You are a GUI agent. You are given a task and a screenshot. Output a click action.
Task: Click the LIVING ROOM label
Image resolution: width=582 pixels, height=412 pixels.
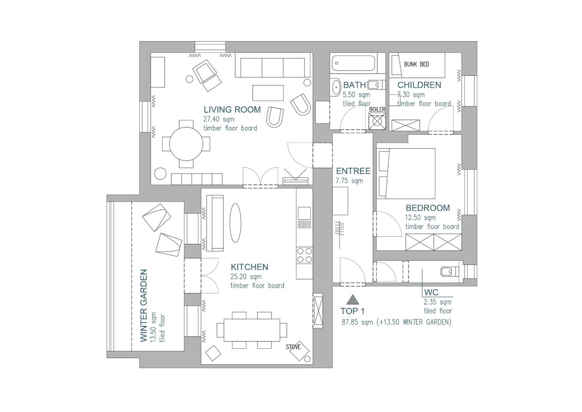pyautogui.click(x=232, y=110)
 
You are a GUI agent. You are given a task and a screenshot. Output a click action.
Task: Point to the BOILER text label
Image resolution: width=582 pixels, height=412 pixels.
pyautogui.click(x=377, y=110)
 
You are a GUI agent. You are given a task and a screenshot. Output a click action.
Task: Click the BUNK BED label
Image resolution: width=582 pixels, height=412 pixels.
pyautogui.click(x=416, y=64)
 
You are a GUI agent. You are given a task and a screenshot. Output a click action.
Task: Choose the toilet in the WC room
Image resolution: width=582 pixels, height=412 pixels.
pyautogui.click(x=450, y=272)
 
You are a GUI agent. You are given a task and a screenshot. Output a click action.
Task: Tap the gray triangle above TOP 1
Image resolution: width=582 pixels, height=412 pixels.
pyautogui.click(x=353, y=299)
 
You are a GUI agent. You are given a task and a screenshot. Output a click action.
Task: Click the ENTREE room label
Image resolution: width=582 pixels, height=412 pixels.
pyautogui.click(x=353, y=171)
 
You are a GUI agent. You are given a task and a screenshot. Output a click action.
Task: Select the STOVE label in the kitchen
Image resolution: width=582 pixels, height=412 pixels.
pyautogui.click(x=293, y=347)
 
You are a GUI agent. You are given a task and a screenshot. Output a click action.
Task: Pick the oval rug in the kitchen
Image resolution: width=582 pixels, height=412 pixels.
pyautogui.click(x=235, y=223)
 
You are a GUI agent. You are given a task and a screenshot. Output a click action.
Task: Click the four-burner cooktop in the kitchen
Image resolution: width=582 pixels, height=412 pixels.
pyautogui.click(x=304, y=256)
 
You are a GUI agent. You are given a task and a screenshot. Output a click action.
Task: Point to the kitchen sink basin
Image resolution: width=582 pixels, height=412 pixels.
pyautogui.click(x=304, y=213)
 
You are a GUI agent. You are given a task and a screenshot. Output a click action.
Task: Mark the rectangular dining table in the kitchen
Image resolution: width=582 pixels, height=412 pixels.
pyautogui.click(x=252, y=330)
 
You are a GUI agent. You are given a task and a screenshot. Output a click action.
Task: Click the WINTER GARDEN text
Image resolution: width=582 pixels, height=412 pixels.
pyautogui.click(x=144, y=306)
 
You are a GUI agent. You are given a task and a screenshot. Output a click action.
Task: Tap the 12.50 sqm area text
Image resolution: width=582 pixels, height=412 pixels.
pyautogui.click(x=420, y=218)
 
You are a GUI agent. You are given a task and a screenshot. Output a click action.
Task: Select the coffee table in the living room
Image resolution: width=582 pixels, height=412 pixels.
pyautogui.click(x=268, y=93)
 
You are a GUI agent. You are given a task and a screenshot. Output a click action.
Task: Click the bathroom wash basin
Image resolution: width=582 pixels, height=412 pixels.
pyautogui.click(x=337, y=87)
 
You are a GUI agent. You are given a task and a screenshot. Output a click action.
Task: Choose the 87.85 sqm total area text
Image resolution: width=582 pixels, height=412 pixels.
pyautogui.click(x=357, y=322)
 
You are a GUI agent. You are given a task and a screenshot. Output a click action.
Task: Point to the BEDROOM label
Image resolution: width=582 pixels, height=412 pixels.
pyautogui.click(x=428, y=208)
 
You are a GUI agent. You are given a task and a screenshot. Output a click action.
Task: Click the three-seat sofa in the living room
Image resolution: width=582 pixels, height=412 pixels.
pyautogui.click(x=272, y=65)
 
